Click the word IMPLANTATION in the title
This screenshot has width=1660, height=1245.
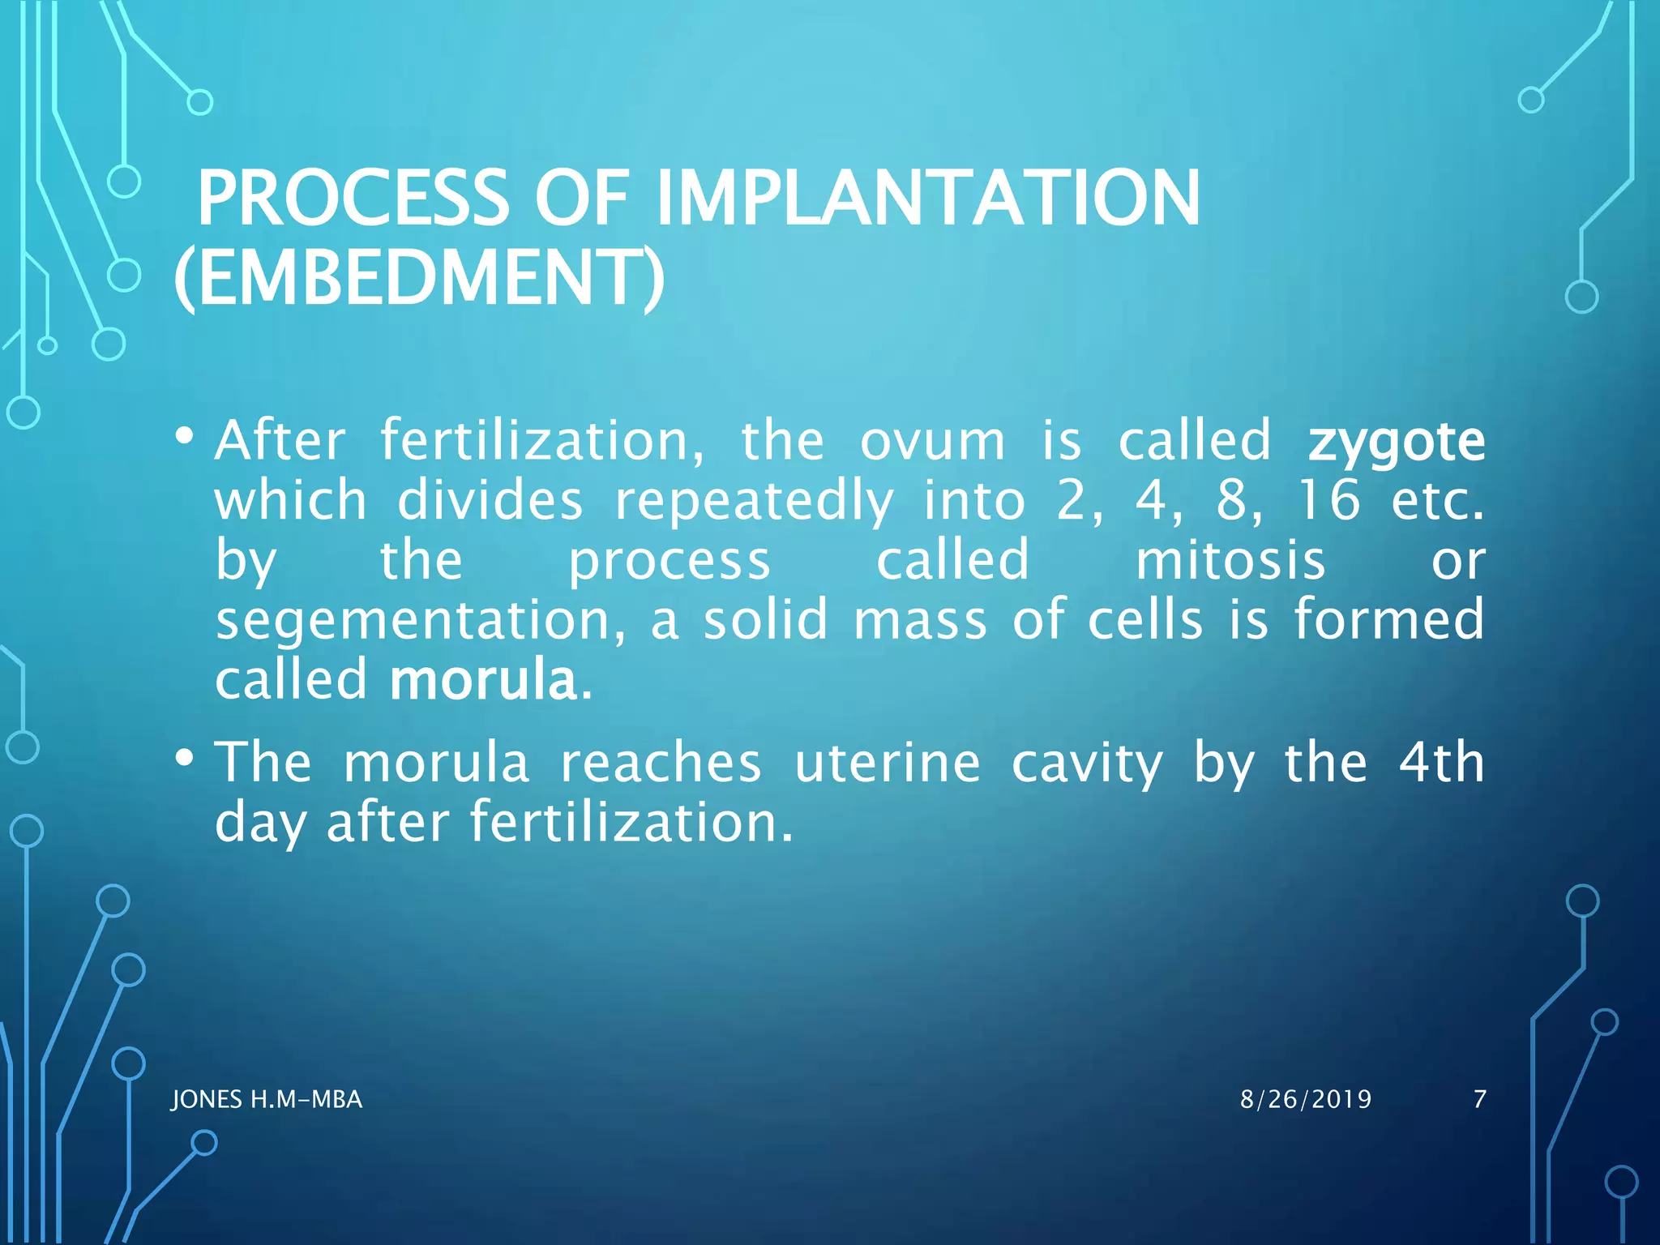[x=927, y=198]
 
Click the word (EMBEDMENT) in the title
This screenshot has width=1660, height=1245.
[x=419, y=277]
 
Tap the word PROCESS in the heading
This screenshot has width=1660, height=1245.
[x=353, y=198]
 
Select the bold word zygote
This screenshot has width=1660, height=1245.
[x=1396, y=443]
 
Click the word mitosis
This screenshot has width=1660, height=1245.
[x=1230, y=560]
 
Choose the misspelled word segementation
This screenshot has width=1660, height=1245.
[x=420, y=620]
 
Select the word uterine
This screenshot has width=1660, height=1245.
[x=887, y=763]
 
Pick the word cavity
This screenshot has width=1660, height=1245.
[x=1087, y=764]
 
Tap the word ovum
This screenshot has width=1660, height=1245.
[x=932, y=442]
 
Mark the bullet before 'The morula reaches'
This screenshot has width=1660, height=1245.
[x=185, y=759]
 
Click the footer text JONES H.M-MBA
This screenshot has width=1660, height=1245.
[x=267, y=1099]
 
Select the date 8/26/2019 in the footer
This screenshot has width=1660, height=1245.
[x=1306, y=1099]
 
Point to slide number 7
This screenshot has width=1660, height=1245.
[x=1479, y=1099]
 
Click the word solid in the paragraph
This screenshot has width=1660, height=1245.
[x=764, y=620]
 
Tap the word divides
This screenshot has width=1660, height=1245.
[x=490, y=500]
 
